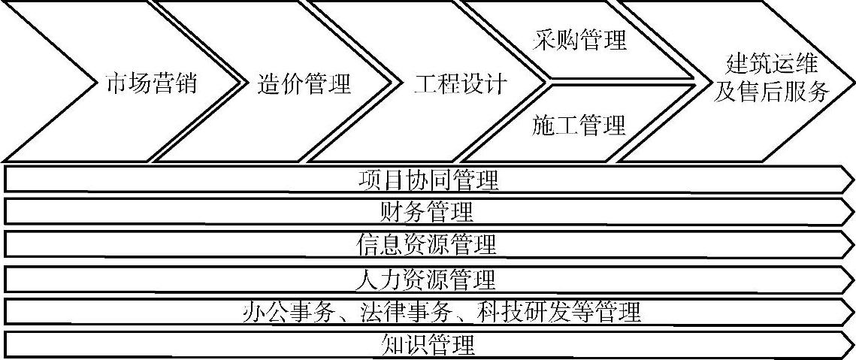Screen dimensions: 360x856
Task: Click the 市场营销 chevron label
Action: tap(151, 83)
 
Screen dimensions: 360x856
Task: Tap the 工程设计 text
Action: tap(460, 83)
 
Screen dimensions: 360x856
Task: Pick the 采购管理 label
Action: tap(579, 39)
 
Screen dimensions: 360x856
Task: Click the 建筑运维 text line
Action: tap(771, 63)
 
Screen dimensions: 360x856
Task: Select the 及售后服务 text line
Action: tap(771, 92)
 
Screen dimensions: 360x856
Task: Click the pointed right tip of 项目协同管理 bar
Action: tap(851, 180)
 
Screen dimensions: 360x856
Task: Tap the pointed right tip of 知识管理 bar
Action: tap(851, 344)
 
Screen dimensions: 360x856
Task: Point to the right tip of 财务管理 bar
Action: tap(851, 212)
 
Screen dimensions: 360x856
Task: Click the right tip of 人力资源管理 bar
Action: tap(851, 279)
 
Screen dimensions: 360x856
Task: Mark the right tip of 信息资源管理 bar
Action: tap(851, 245)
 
